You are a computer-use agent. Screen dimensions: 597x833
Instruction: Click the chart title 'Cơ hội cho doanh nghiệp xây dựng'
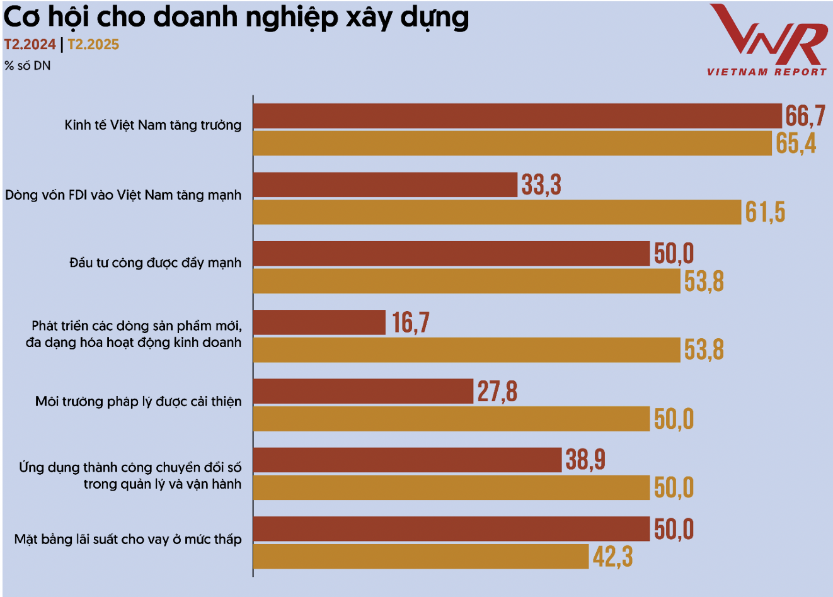[x=236, y=18]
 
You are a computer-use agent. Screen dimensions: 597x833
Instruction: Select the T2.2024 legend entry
[x=30, y=45]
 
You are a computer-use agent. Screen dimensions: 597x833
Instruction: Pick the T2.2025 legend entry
[x=93, y=45]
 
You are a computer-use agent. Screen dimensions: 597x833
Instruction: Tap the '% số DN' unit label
[x=27, y=65]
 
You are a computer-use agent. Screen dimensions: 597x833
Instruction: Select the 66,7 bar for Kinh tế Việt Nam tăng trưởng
[x=517, y=115]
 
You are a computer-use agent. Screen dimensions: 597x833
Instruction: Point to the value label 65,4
[x=796, y=144]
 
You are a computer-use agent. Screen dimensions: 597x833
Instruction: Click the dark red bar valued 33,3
[x=385, y=185]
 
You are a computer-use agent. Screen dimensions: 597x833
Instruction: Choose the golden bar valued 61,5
[x=497, y=212]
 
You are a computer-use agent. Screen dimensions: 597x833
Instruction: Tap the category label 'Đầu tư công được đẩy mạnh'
[x=156, y=263]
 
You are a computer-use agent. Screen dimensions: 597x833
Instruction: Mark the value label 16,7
[x=411, y=322]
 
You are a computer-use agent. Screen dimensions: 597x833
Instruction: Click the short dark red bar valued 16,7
[x=319, y=322]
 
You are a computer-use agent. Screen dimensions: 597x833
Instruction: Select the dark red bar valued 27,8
[x=363, y=391]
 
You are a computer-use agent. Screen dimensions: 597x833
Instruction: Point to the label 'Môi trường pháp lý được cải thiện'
[x=139, y=401]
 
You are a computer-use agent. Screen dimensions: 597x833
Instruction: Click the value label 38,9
[x=585, y=460]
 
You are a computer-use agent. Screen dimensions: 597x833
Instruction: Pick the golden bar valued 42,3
[x=421, y=557]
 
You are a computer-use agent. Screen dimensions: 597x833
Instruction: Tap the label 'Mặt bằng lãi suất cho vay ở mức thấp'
[x=128, y=540]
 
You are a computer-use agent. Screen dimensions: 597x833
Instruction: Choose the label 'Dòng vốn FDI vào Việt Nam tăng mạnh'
[x=124, y=195]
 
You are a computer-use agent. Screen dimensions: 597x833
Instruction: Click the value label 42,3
[x=612, y=557]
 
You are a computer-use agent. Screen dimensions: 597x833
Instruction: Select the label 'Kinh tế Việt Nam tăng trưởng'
[x=153, y=125]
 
